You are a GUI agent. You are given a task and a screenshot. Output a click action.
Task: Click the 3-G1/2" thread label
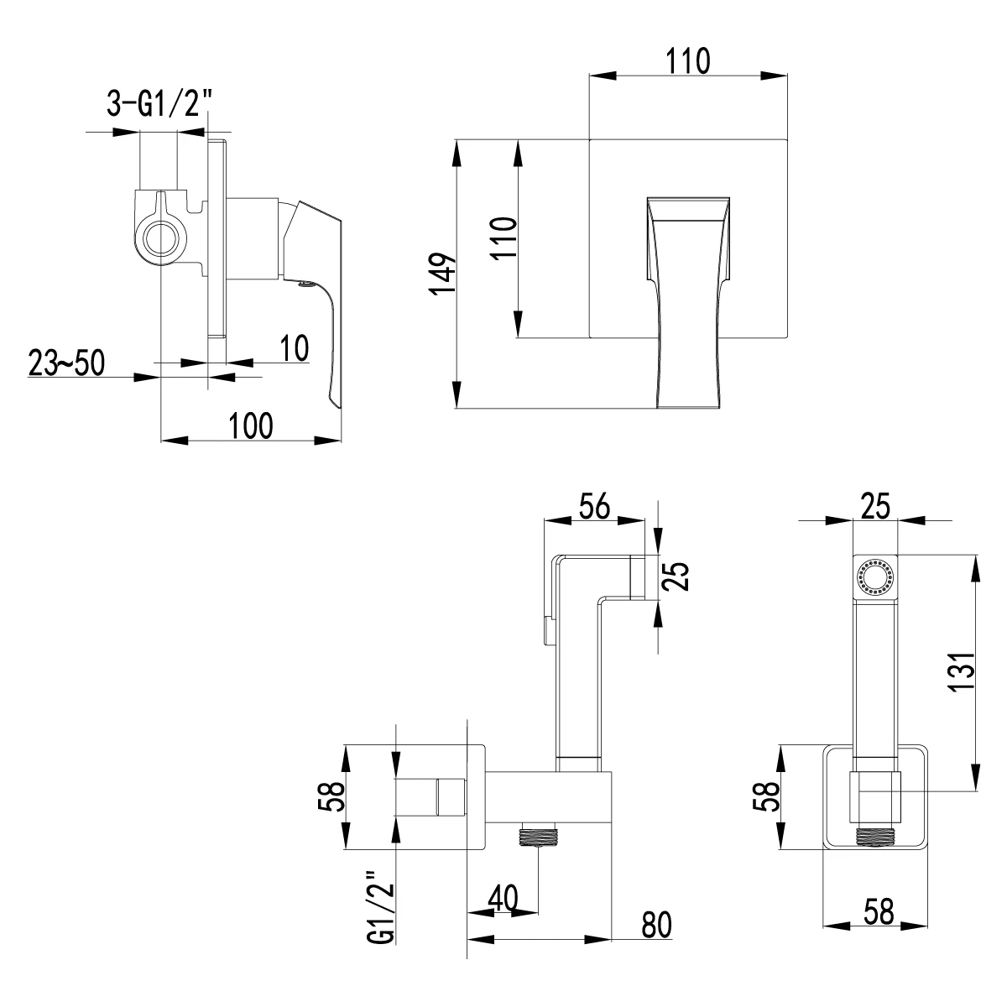[158, 104]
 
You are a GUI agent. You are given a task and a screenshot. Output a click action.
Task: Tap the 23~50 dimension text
[65, 364]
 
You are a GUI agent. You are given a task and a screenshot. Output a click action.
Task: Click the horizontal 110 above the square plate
[687, 61]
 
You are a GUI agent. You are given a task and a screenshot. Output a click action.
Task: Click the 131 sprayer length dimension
[965, 671]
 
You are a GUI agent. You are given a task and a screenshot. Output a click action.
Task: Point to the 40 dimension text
[502, 897]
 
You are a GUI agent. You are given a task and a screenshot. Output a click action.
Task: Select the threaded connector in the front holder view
[875, 836]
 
